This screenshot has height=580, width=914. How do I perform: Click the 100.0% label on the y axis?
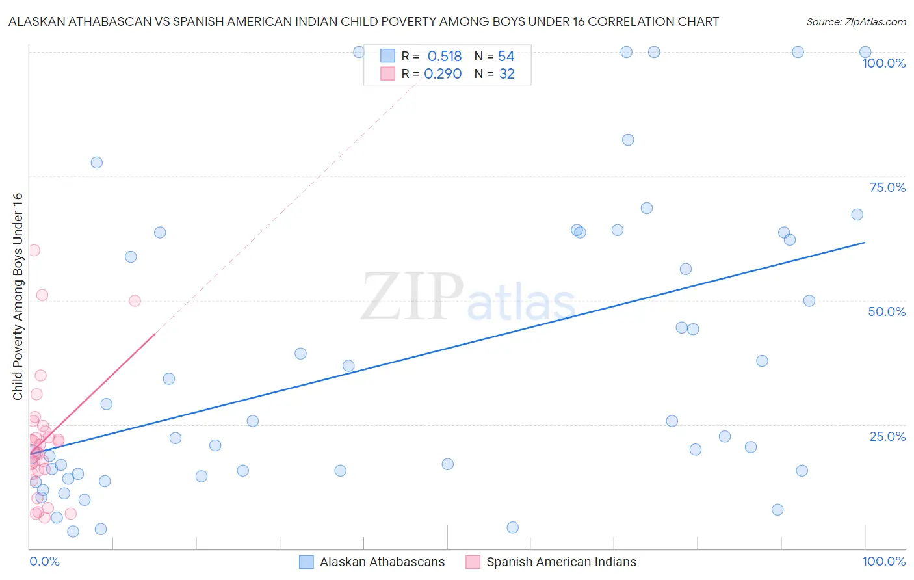click(x=883, y=63)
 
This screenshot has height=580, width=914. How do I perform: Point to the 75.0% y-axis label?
click(x=887, y=187)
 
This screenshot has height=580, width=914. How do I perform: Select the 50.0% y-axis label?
click(x=887, y=311)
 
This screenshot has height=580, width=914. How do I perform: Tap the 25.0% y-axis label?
click(x=887, y=436)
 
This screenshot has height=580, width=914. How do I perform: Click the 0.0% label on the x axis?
click(x=44, y=561)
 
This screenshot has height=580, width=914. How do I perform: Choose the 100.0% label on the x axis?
click(x=883, y=561)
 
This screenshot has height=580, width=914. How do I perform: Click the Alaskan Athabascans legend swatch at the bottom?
click(x=306, y=562)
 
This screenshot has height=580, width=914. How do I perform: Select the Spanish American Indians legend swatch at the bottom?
click(x=473, y=562)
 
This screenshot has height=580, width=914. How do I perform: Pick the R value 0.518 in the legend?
click(x=444, y=56)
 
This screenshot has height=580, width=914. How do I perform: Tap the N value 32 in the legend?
click(x=506, y=73)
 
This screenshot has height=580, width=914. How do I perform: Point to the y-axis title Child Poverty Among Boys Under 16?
click(x=18, y=297)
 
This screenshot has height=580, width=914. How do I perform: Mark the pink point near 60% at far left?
click(x=34, y=250)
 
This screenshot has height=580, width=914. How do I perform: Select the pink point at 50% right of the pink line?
click(x=135, y=300)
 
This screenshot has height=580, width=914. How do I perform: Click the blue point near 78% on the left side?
click(x=97, y=163)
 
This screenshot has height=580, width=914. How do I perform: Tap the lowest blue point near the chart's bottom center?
click(x=512, y=527)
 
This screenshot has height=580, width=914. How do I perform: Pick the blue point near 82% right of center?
click(x=628, y=140)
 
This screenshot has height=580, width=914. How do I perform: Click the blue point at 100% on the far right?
click(x=865, y=52)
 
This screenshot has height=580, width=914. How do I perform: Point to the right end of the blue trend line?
click(x=865, y=242)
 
